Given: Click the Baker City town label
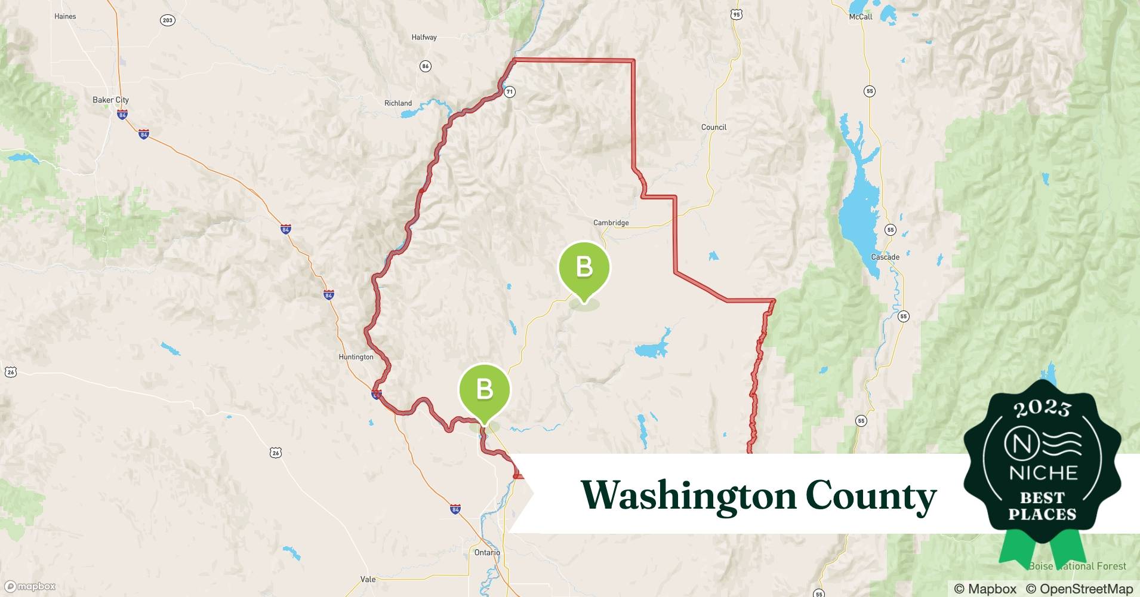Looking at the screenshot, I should click(110, 100).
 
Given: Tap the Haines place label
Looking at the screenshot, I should click(65, 16).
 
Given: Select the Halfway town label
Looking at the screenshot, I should click(424, 37).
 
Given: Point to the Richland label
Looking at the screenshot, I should click(398, 103).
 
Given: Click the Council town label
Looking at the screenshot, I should click(714, 127).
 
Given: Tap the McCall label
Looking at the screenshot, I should click(861, 17).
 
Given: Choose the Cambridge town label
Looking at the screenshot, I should click(611, 223).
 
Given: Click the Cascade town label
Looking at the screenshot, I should click(885, 257).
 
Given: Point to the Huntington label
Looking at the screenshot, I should click(356, 357).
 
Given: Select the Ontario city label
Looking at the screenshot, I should click(487, 552).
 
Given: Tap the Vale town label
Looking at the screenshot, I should click(368, 579).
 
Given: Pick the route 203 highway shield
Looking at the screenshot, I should click(168, 20).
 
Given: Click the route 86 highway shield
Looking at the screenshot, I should click(426, 66).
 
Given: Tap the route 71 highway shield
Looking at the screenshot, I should click(509, 92).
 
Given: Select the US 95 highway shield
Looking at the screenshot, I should click(736, 14).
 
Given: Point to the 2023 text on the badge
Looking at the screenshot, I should click(1042, 408).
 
